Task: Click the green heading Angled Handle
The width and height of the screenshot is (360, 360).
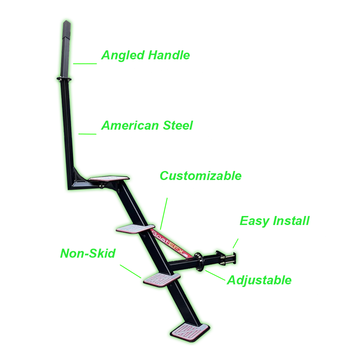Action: (x=145, y=55)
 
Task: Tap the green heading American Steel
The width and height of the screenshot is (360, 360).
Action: (x=147, y=125)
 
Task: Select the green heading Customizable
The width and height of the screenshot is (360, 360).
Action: (x=201, y=175)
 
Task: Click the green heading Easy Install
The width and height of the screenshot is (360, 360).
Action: (x=274, y=220)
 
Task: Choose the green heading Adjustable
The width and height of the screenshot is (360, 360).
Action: (x=259, y=280)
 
